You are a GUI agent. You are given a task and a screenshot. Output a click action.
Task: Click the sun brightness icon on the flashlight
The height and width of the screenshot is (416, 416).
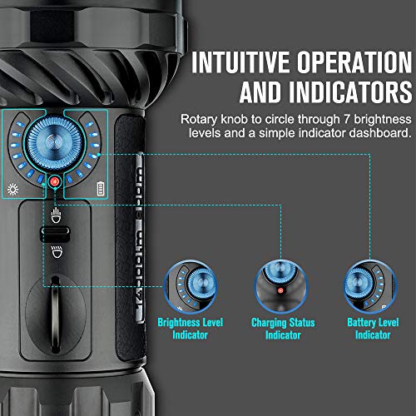tap(13, 188)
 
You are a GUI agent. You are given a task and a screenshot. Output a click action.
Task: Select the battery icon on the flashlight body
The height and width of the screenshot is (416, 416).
tap(101, 188)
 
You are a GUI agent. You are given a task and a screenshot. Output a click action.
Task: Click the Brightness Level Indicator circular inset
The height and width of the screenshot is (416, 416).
tap(191, 287)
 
